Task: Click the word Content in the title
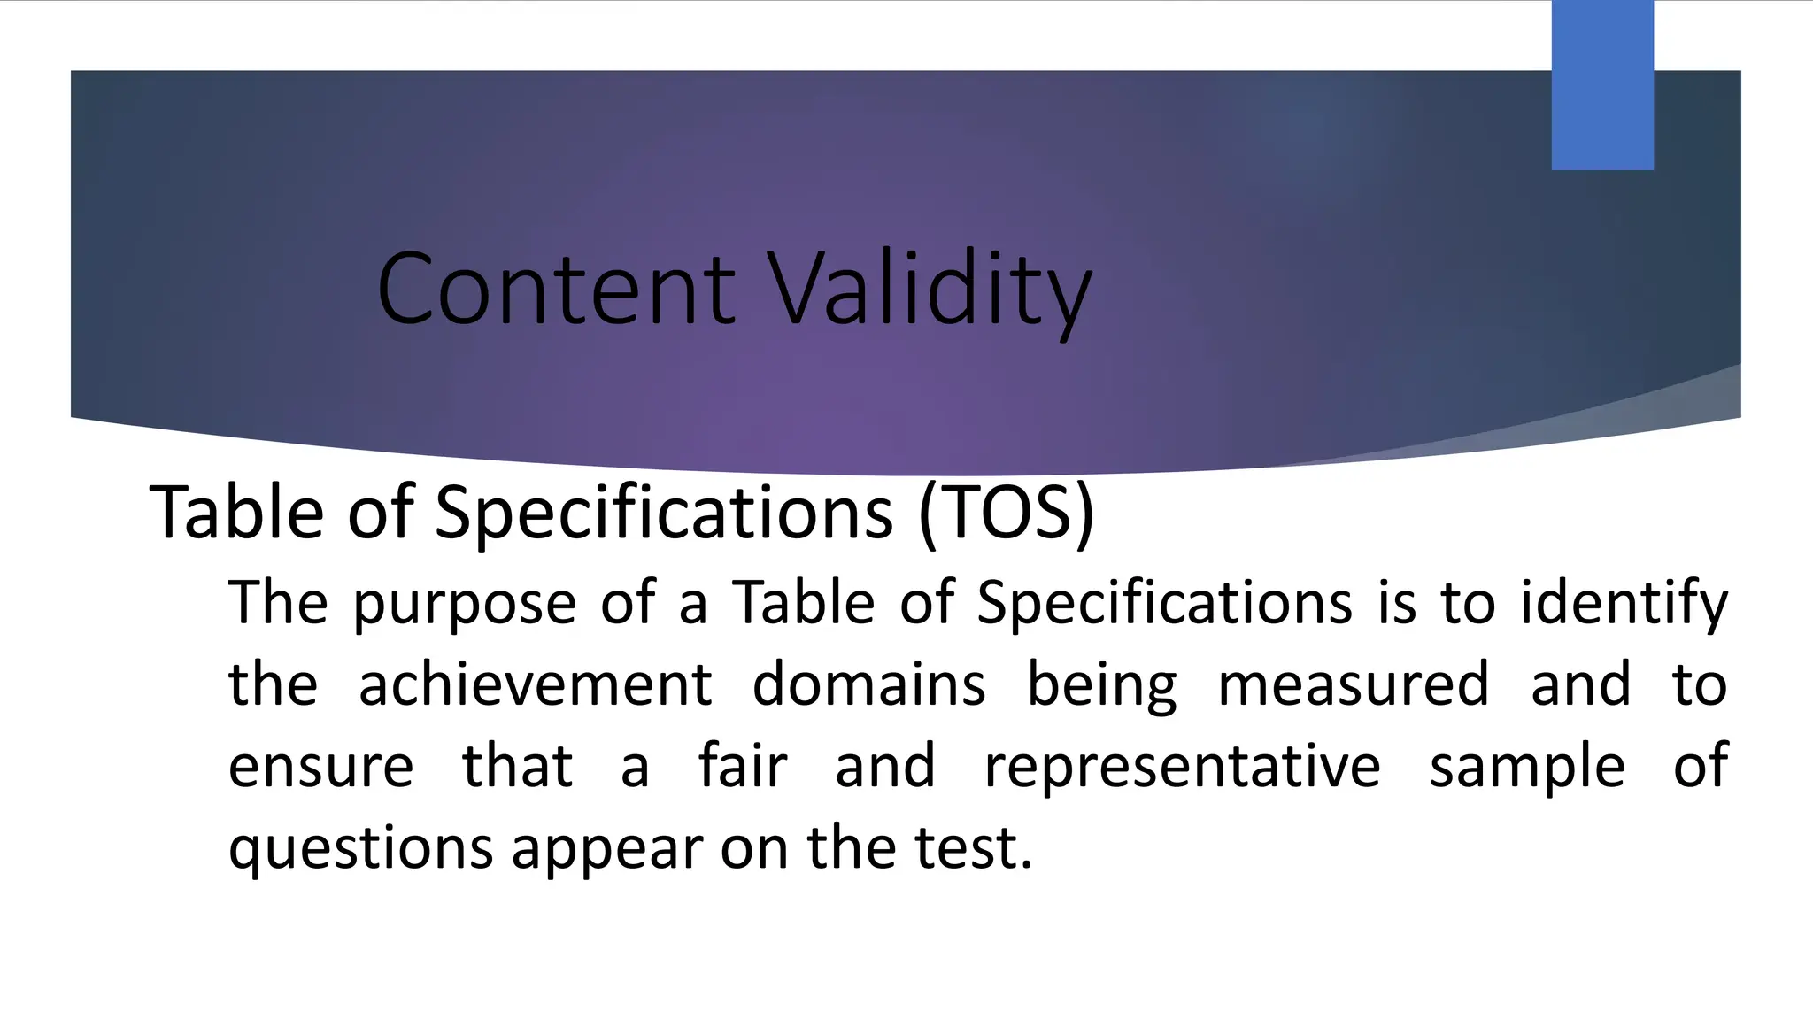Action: point(555,290)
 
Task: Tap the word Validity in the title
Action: point(930,290)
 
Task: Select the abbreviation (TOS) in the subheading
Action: point(1007,514)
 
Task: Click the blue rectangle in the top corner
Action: point(1602,85)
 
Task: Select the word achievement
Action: point(535,685)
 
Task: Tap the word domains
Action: point(868,685)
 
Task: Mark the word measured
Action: point(1354,685)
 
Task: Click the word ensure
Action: point(320,767)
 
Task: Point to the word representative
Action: point(1182,767)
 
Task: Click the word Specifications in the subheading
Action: point(663,514)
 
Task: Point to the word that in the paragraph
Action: point(517,767)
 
